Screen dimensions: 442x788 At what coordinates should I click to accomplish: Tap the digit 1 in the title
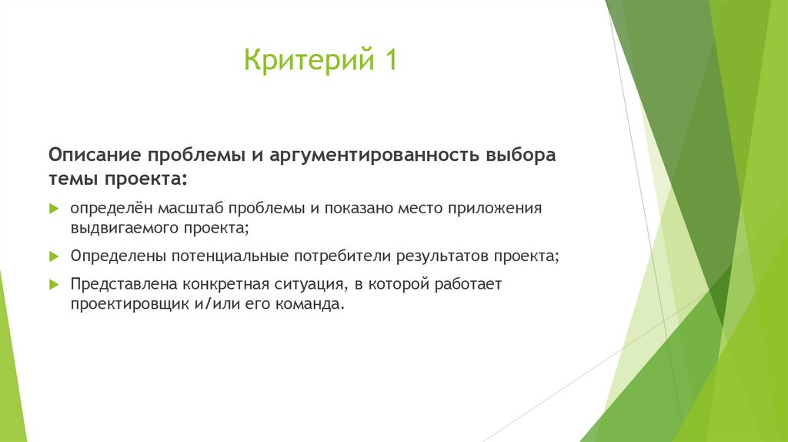[x=389, y=60]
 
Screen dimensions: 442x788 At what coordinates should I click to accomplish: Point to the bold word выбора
[x=519, y=154]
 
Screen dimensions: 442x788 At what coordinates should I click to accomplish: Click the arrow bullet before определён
[x=54, y=209]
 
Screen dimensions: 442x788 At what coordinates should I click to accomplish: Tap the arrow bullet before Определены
[x=54, y=256]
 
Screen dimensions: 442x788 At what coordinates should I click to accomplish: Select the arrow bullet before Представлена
[x=54, y=284]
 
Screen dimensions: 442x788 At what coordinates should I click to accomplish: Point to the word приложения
[x=499, y=209]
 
